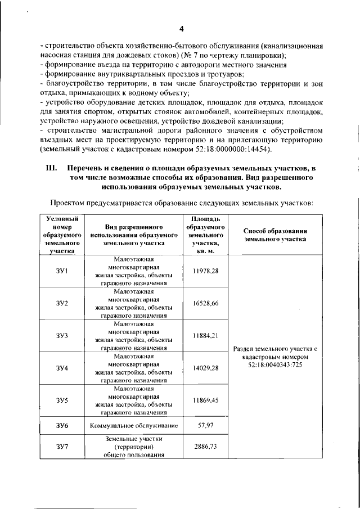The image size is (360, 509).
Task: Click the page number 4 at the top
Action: pos(181,29)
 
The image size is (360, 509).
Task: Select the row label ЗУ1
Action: pos(62,272)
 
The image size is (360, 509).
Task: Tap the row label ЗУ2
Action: pos(62,304)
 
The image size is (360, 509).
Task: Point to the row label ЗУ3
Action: pos(62,336)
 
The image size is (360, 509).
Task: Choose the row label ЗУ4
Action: pos(62,368)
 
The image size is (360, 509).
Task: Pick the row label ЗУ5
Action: pos(62,400)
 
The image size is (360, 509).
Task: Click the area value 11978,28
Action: pos(205,271)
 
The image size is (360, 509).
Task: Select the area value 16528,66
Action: pos(205,303)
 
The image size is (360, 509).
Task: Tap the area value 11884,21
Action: pos(205,335)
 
